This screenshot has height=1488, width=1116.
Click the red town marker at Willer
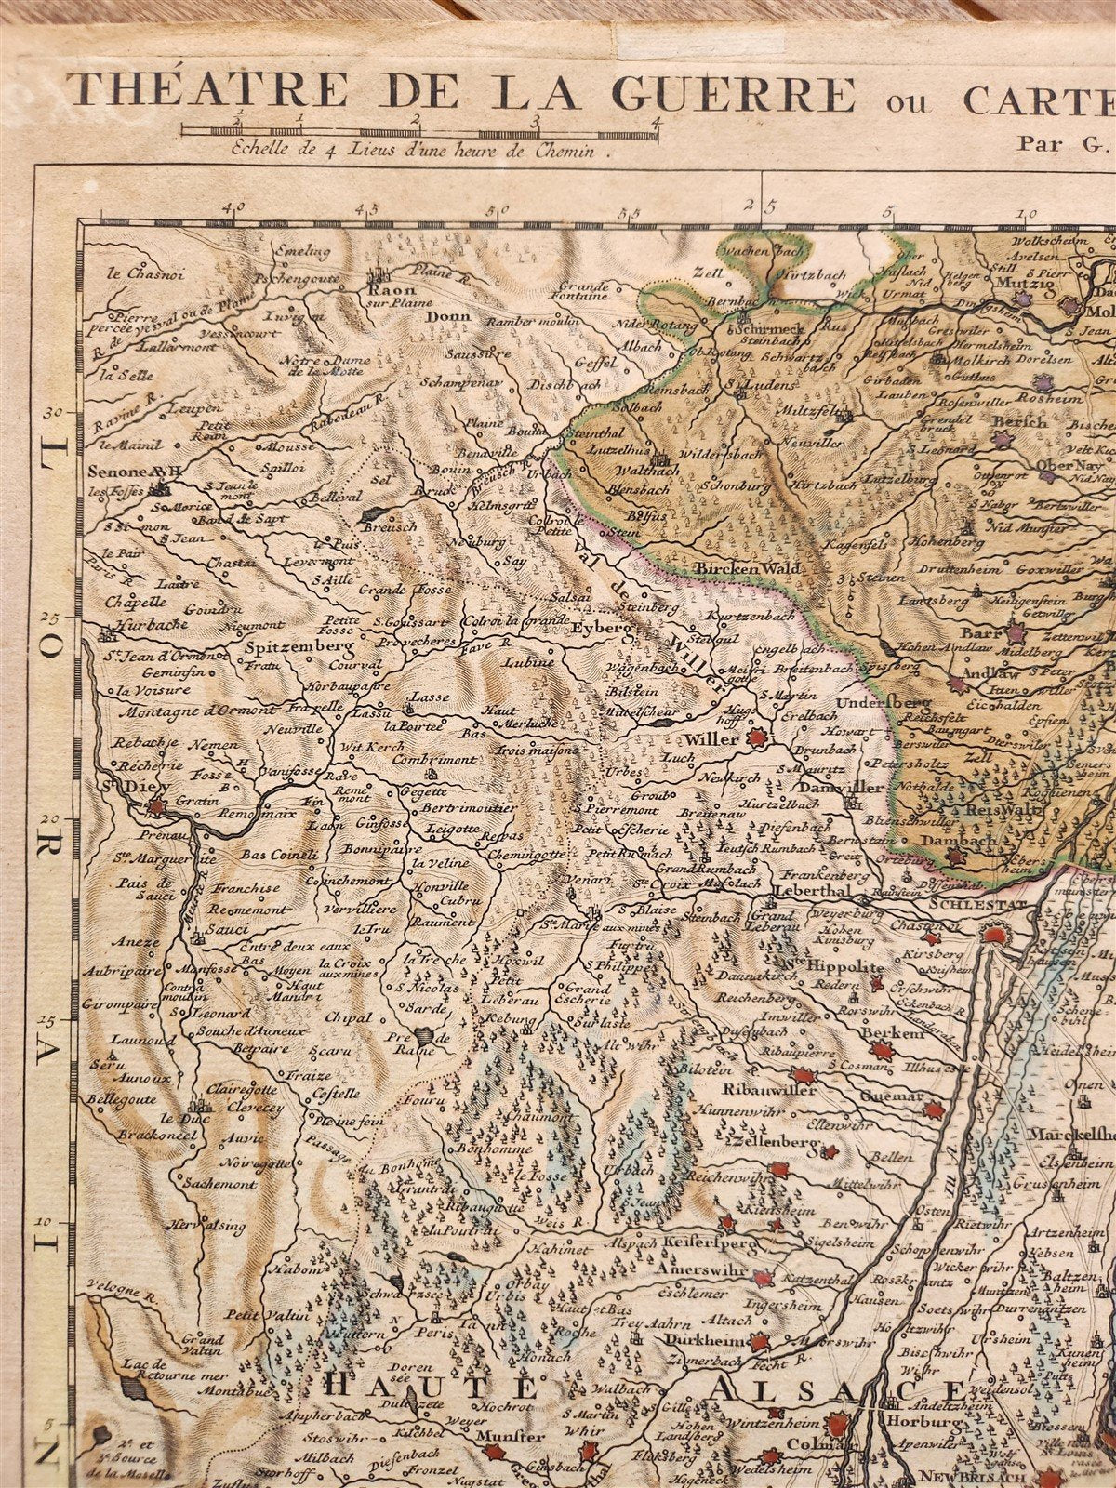757,739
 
